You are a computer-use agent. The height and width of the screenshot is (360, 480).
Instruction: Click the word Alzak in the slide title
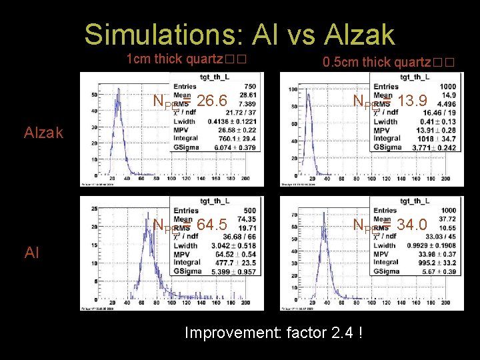(359, 35)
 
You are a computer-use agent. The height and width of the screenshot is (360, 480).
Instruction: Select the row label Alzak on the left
(43, 133)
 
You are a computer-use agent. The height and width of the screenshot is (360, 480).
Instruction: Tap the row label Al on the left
(31, 252)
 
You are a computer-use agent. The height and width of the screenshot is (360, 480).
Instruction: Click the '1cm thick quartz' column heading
(186, 59)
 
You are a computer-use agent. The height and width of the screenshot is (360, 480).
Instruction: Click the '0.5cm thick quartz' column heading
(388, 63)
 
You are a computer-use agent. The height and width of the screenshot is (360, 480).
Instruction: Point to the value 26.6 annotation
(213, 101)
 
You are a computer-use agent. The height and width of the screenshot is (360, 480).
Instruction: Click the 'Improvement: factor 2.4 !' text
(273, 332)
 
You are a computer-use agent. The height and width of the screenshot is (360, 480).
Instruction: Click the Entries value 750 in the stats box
(249, 87)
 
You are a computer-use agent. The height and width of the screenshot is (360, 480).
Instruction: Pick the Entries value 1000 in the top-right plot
(447, 87)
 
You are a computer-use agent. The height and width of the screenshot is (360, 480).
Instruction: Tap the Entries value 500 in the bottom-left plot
(249, 210)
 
